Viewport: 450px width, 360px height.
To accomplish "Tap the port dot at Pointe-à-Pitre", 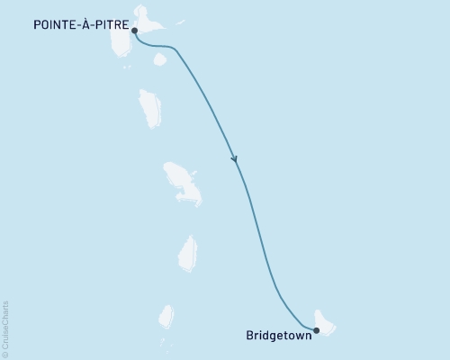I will coord(134,30).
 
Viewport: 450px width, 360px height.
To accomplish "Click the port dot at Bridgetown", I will coord(316,330).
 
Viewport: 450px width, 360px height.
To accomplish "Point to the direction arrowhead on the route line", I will coord(235,159).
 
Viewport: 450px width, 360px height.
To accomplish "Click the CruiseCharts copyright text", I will coord(6,329).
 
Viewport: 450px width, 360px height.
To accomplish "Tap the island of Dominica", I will coord(150,109).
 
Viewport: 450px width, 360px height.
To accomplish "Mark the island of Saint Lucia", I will coord(188,252).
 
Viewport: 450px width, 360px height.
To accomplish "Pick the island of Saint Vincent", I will coord(166,316).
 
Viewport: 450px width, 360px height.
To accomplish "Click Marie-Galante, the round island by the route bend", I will coord(160,59).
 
